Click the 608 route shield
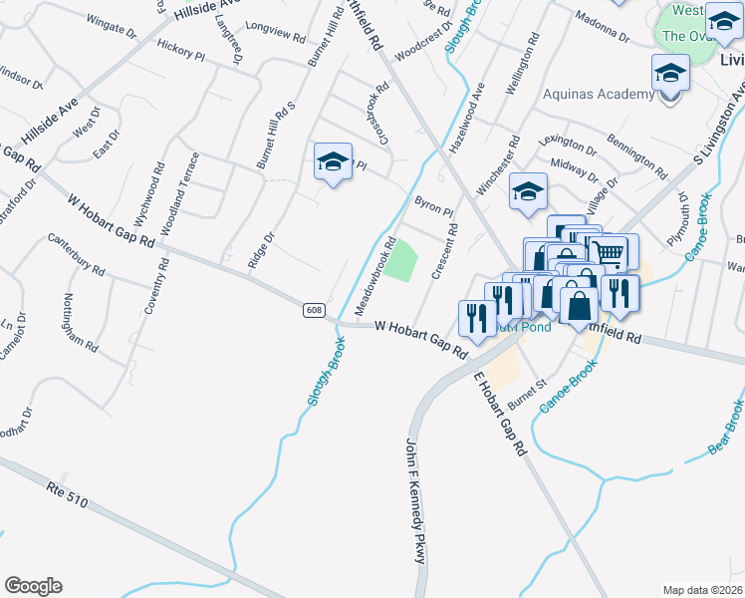(314, 311)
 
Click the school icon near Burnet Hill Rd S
(333, 162)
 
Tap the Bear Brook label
(726, 428)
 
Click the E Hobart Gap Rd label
(498, 415)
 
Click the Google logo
(33, 586)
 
